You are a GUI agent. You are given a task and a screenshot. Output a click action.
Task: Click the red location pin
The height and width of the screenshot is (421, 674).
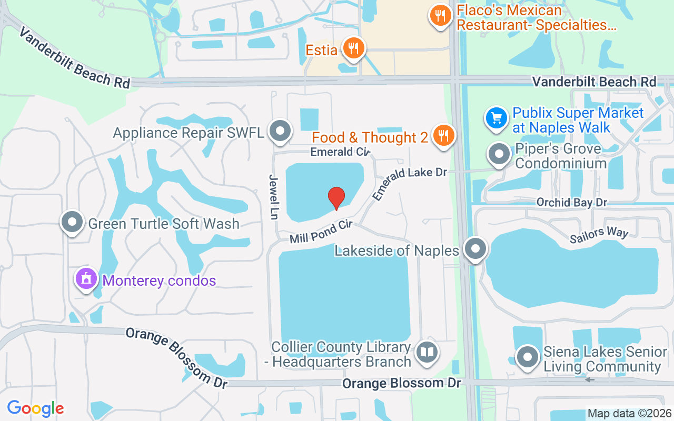pos(336,198)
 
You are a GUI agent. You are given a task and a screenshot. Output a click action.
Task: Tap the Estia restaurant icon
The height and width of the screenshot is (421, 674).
pos(352,48)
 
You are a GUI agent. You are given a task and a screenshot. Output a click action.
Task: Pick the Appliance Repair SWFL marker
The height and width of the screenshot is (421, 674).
pos(280,131)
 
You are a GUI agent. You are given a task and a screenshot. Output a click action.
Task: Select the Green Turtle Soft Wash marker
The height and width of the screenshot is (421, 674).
pos(72,222)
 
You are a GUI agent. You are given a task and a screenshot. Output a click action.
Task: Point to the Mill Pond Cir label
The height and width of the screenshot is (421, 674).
pos(321,232)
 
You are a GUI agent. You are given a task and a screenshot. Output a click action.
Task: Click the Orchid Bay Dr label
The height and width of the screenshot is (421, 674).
pos(571,202)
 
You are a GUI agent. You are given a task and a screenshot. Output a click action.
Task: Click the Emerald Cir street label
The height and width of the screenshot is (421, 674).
pos(340,152)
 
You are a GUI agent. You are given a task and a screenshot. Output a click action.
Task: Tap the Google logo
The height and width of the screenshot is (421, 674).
pos(35,408)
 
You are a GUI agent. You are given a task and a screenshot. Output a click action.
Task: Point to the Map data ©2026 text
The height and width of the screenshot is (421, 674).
pos(630,414)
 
